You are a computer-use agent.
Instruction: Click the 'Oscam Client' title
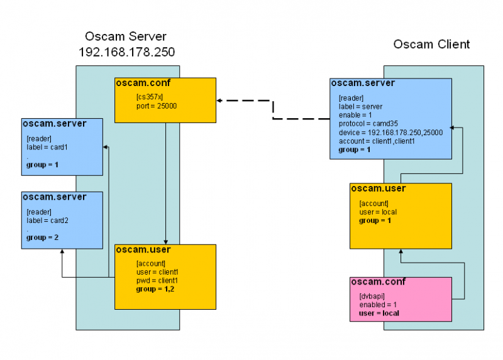tap(431, 44)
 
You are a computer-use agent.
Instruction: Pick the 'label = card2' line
tap(47, 221)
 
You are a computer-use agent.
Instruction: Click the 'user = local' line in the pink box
tap(379, 313)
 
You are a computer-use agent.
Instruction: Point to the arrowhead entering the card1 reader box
tap(106, 148)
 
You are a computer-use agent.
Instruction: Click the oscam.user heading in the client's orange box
tap(378, 188)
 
